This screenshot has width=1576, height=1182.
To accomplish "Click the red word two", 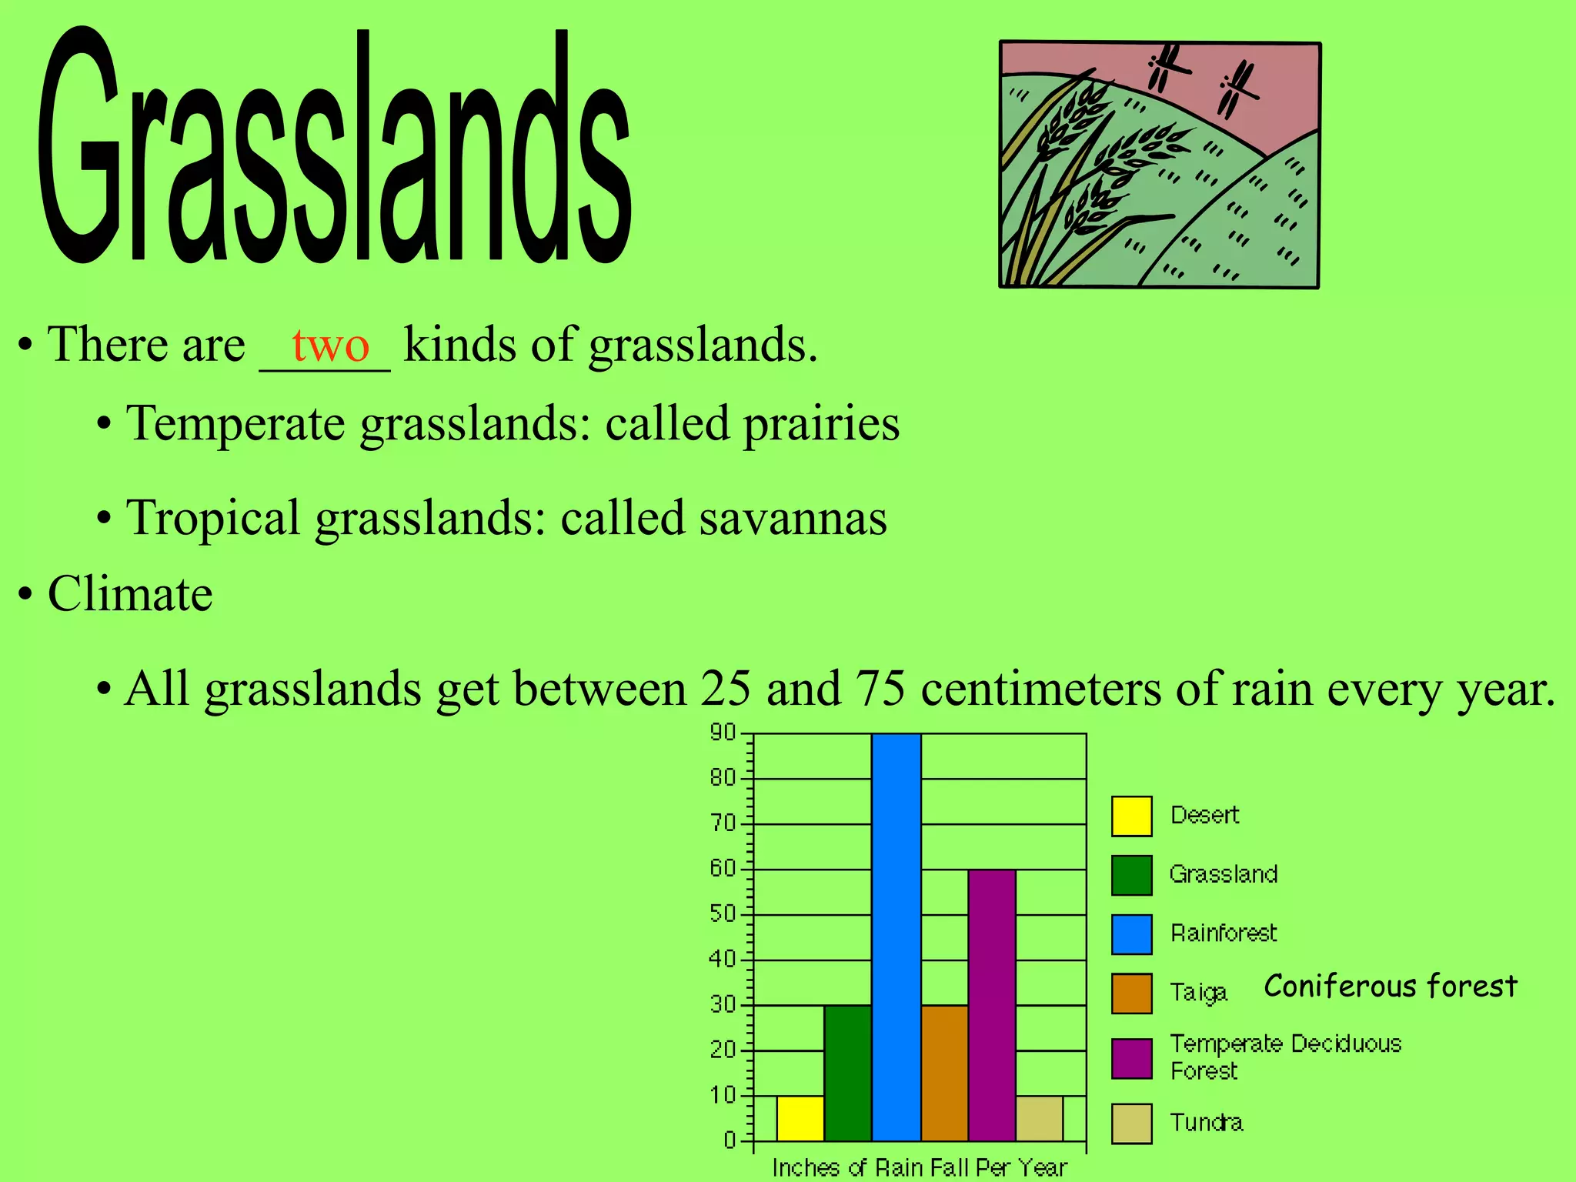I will pyautogui.click(x=331, y=346).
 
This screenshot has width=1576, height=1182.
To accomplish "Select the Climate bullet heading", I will pyautogui.click(x=129, y=594).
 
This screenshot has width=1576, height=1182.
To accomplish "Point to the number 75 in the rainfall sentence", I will pyautogui.click(x=880, y=688).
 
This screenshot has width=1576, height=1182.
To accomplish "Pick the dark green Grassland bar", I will pyautogui.click(x=847, y=1073).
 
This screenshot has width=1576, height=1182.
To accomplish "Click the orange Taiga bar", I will pyautogui.click(x=944, y=1073).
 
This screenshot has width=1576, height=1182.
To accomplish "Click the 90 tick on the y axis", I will pyautogui.click(x=723, y=733).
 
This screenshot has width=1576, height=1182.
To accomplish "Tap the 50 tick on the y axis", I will pyautogui.click(x=723, y=914).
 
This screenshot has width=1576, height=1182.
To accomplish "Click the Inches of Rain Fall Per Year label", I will pyautogui.click(x=920, y=1167).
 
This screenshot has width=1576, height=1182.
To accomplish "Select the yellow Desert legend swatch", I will pyautogui.click(x=1131, y=816).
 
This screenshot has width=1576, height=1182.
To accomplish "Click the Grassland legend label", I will pyautogui.click(x=1223, y=874).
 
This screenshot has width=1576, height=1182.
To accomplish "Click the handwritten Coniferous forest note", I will pyautogui.click(x=1390, y=986).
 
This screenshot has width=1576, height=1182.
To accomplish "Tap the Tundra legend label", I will pyautogui.click(x=1206, y=1123).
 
